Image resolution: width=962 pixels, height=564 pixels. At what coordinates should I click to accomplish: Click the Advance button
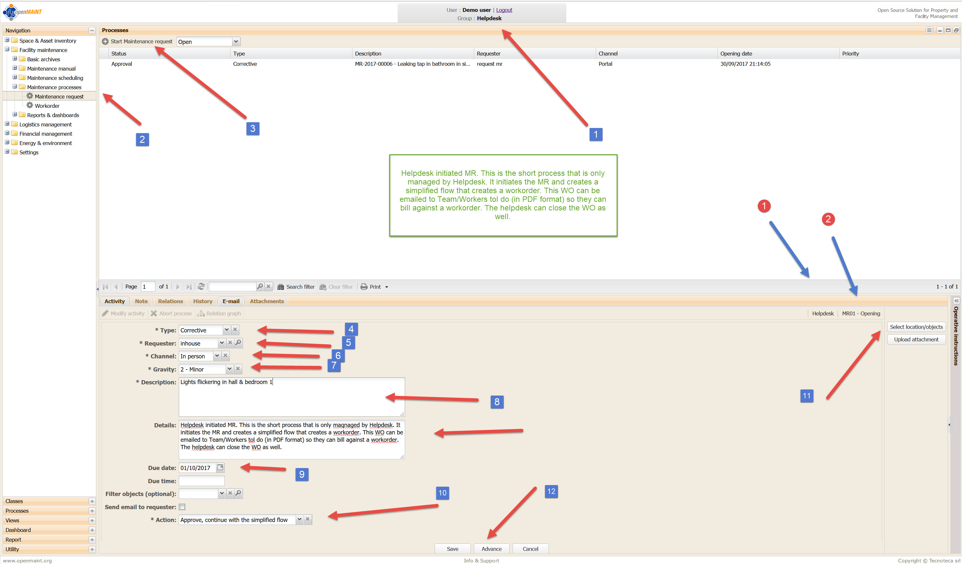pos(491,549)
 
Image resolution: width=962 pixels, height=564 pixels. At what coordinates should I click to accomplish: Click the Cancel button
pos(530,549)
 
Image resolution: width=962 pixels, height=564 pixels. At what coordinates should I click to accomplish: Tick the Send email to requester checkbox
pos(182,507)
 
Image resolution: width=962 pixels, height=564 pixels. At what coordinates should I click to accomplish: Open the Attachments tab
pos(267,301)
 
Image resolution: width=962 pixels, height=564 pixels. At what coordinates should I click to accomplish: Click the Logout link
pos(504,10)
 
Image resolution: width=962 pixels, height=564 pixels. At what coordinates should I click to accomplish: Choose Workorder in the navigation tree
pos(47,106)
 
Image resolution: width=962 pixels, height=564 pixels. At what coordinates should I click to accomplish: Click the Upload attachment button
pos(916,339)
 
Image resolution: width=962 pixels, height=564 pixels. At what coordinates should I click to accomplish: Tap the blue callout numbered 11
pos(806,396)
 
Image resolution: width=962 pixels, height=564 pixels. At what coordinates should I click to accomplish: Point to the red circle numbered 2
pos(828,219)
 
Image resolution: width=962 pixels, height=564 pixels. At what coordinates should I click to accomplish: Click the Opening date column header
pos(736,54)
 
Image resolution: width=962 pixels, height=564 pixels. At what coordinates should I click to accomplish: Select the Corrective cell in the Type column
pos(245,64)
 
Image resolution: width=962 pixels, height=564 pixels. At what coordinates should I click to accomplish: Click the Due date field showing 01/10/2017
pos(197,468)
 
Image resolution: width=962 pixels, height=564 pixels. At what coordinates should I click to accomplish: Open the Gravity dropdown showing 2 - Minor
pos(229,369)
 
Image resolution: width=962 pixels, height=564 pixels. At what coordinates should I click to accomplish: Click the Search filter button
pos(296,286)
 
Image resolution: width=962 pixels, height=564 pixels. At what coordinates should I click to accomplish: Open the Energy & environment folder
pos(46,143)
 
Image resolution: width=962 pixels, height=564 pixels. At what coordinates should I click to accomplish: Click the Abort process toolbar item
pos(171,313)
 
